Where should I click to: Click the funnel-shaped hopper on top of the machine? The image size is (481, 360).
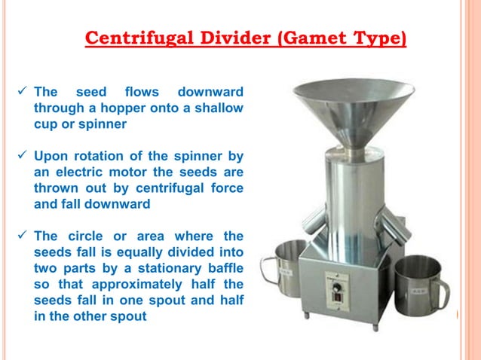(353, 105)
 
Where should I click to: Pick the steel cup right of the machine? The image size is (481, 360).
(418, 285)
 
